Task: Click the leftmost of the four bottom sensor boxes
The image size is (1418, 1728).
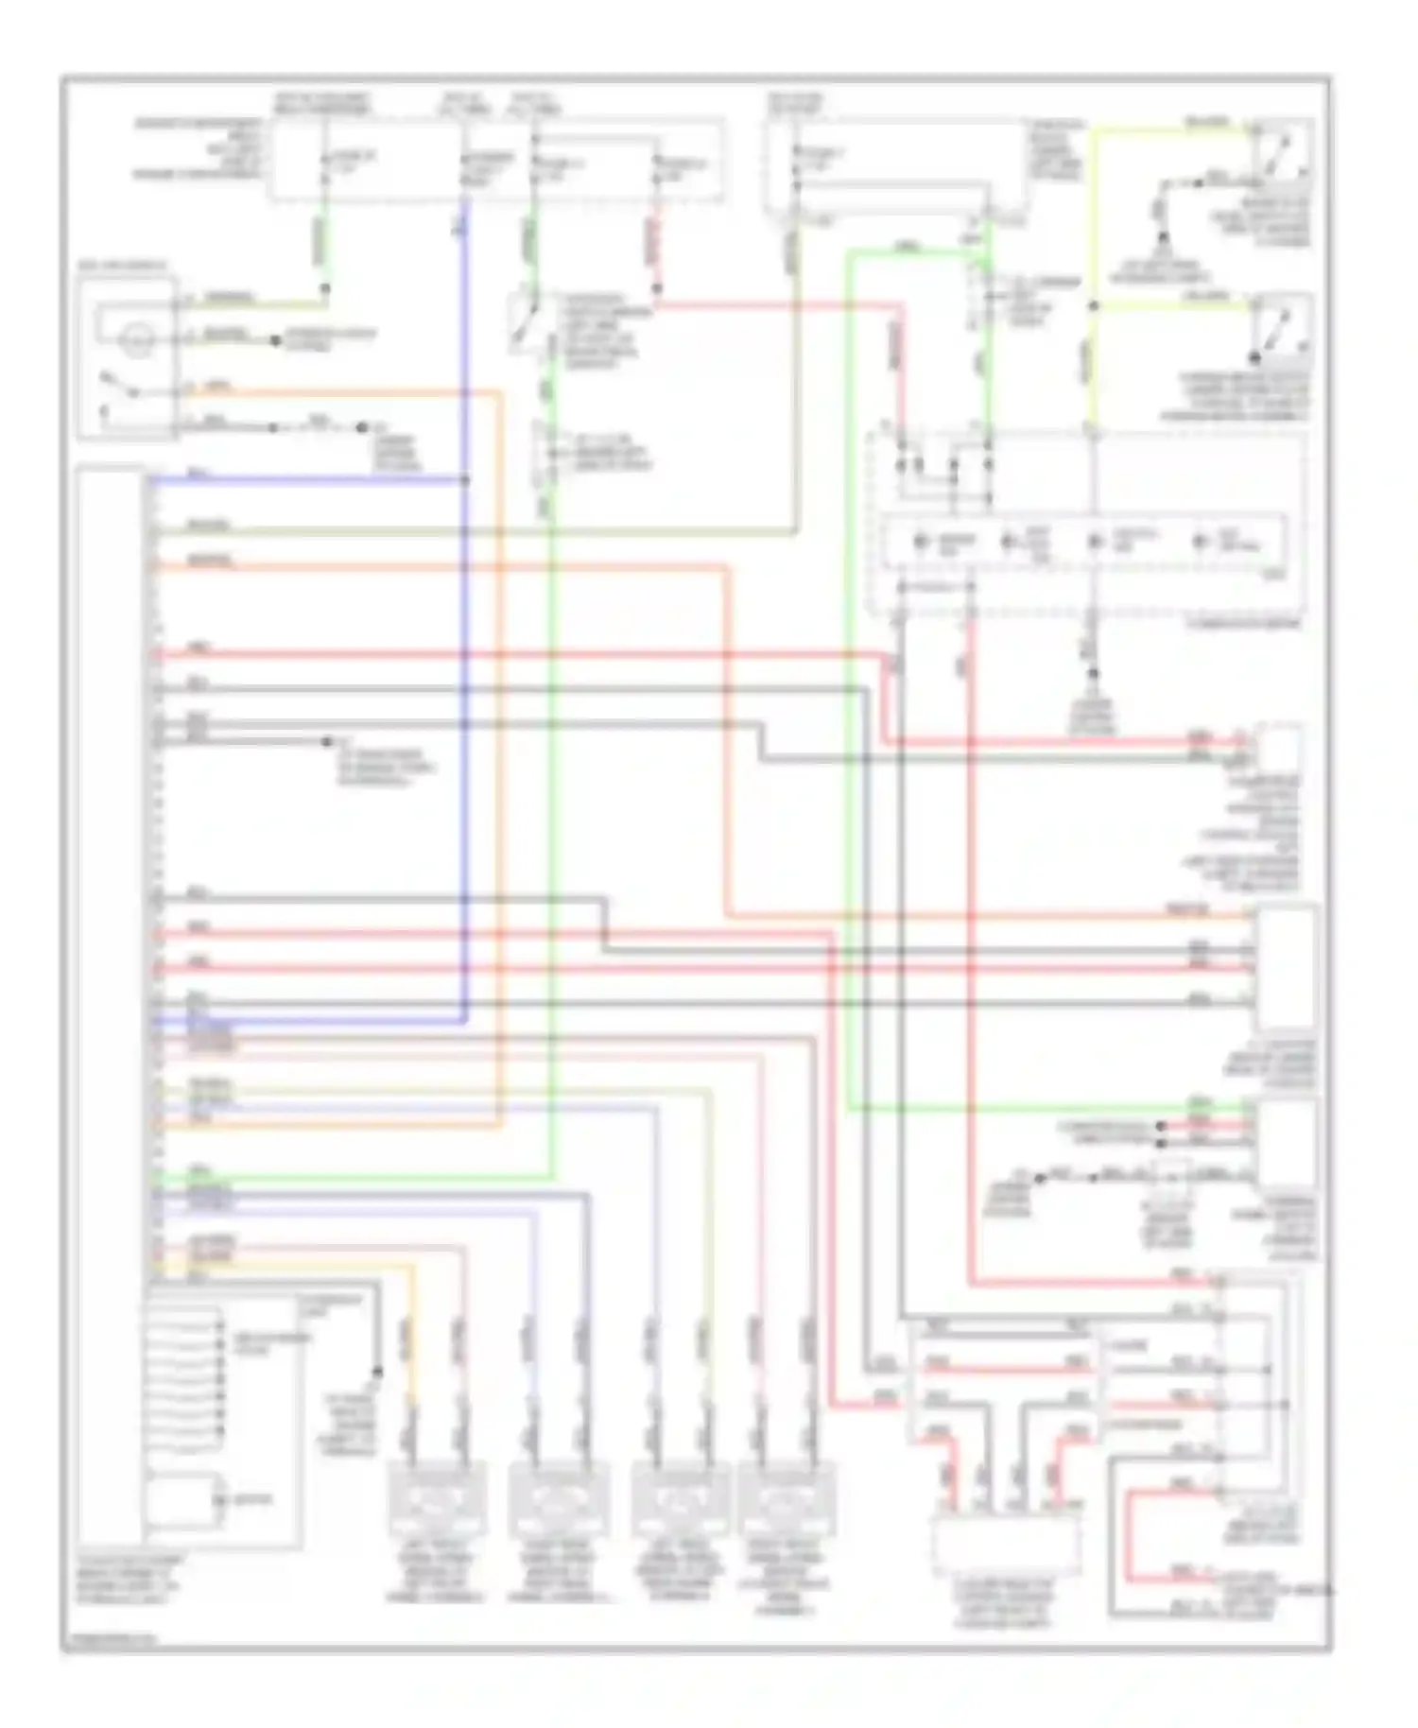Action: pos(438,1499)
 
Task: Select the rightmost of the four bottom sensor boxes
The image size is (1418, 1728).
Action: pos(787,1499)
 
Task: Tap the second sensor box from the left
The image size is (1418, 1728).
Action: pos(553,1499)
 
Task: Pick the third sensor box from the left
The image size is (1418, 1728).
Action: pos(679,1499)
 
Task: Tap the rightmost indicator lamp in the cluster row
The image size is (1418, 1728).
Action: pos(1201,542)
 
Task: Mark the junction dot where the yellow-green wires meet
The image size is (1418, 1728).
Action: pos(1093,305)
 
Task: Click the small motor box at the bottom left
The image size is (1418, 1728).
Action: pos(182,1500)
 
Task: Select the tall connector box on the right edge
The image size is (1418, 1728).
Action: pos(1286,969)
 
